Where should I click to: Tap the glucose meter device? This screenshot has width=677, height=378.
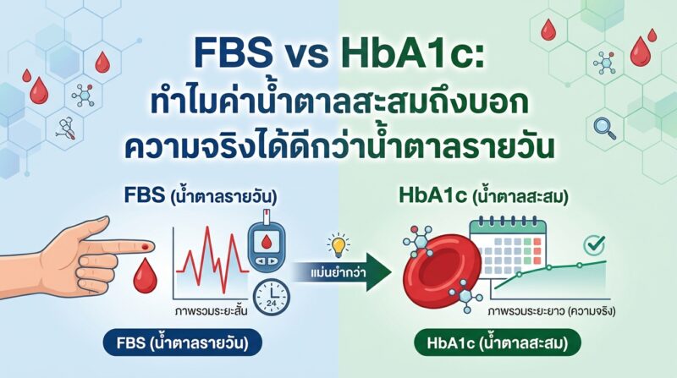(x=267, y=243)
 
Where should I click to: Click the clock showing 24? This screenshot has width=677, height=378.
(x=271, y=297)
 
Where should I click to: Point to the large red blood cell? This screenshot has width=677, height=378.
(x=441, y=267)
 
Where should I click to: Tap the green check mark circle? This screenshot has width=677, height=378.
(x=594, y=245)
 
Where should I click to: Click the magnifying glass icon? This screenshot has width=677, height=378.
(x=604, y=129)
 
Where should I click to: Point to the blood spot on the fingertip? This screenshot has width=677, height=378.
(x=144, y=247)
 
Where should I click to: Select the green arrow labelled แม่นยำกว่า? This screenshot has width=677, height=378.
(x=343, y=272)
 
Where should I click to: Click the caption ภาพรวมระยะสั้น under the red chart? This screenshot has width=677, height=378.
(x=211, y=310)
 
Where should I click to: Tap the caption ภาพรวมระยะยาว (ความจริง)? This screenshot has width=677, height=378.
(x=552, y=310)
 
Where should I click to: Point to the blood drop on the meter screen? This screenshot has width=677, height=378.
(x=267, y=243)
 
